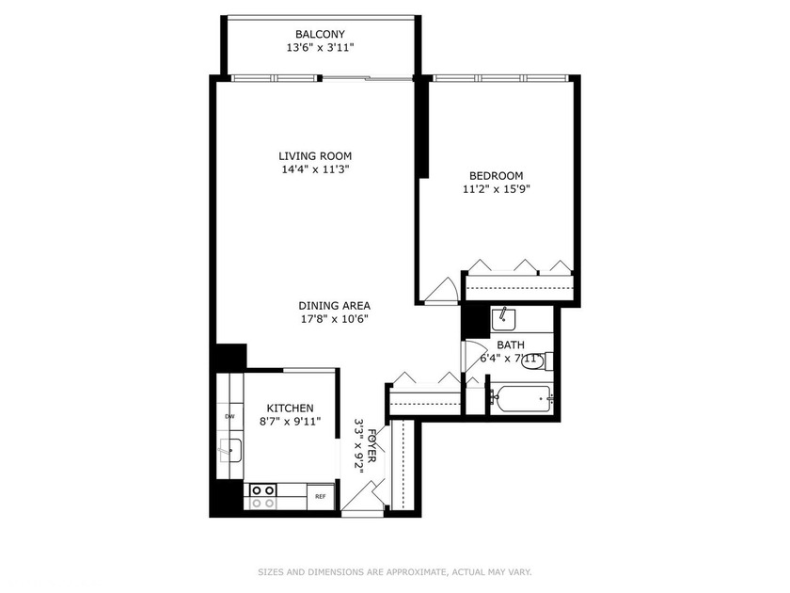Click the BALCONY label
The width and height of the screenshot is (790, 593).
pyautogui.click(x=320, y=34)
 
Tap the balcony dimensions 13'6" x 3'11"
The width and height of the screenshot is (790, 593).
pyautogui.click(x=320, y=48)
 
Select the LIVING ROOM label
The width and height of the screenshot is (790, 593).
pyautogui.click(x=315, y=156)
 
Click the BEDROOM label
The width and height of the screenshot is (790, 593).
pyautogui.click(x=497, y=176)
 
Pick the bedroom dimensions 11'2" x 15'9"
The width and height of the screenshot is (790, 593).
pyautogui.click(x=497, y=189)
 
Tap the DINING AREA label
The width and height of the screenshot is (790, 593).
pyautogui.click(x=335, y=306)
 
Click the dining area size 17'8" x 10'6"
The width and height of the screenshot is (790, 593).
pyautogui.click(x=335, y=319)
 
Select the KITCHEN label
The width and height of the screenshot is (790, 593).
pyautogui.click(x=291, y=408)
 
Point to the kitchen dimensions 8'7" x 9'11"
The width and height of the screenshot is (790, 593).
pyautogui.click(x=291, y=422)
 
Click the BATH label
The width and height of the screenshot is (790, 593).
pyautogui.click(x=511, y=345)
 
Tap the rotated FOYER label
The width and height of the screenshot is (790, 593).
pyautogui.click(x=372, y=446)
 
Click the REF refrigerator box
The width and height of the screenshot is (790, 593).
pyautogui.click(x=321, y=497)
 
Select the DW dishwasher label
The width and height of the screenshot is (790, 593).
pyautogui.click(x=229, y=416)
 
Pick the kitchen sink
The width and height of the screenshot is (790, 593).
pyautogui.click(x=229, y=450)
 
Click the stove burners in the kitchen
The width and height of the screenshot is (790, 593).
pyautogui.click(x=263, y=496)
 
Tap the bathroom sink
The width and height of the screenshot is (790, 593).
pyautogui.click(x=503, y=320)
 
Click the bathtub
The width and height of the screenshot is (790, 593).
pyautogui.click(x=522, y=399)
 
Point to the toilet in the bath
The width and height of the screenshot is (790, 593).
pyautogui.click(x=537, y=361)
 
